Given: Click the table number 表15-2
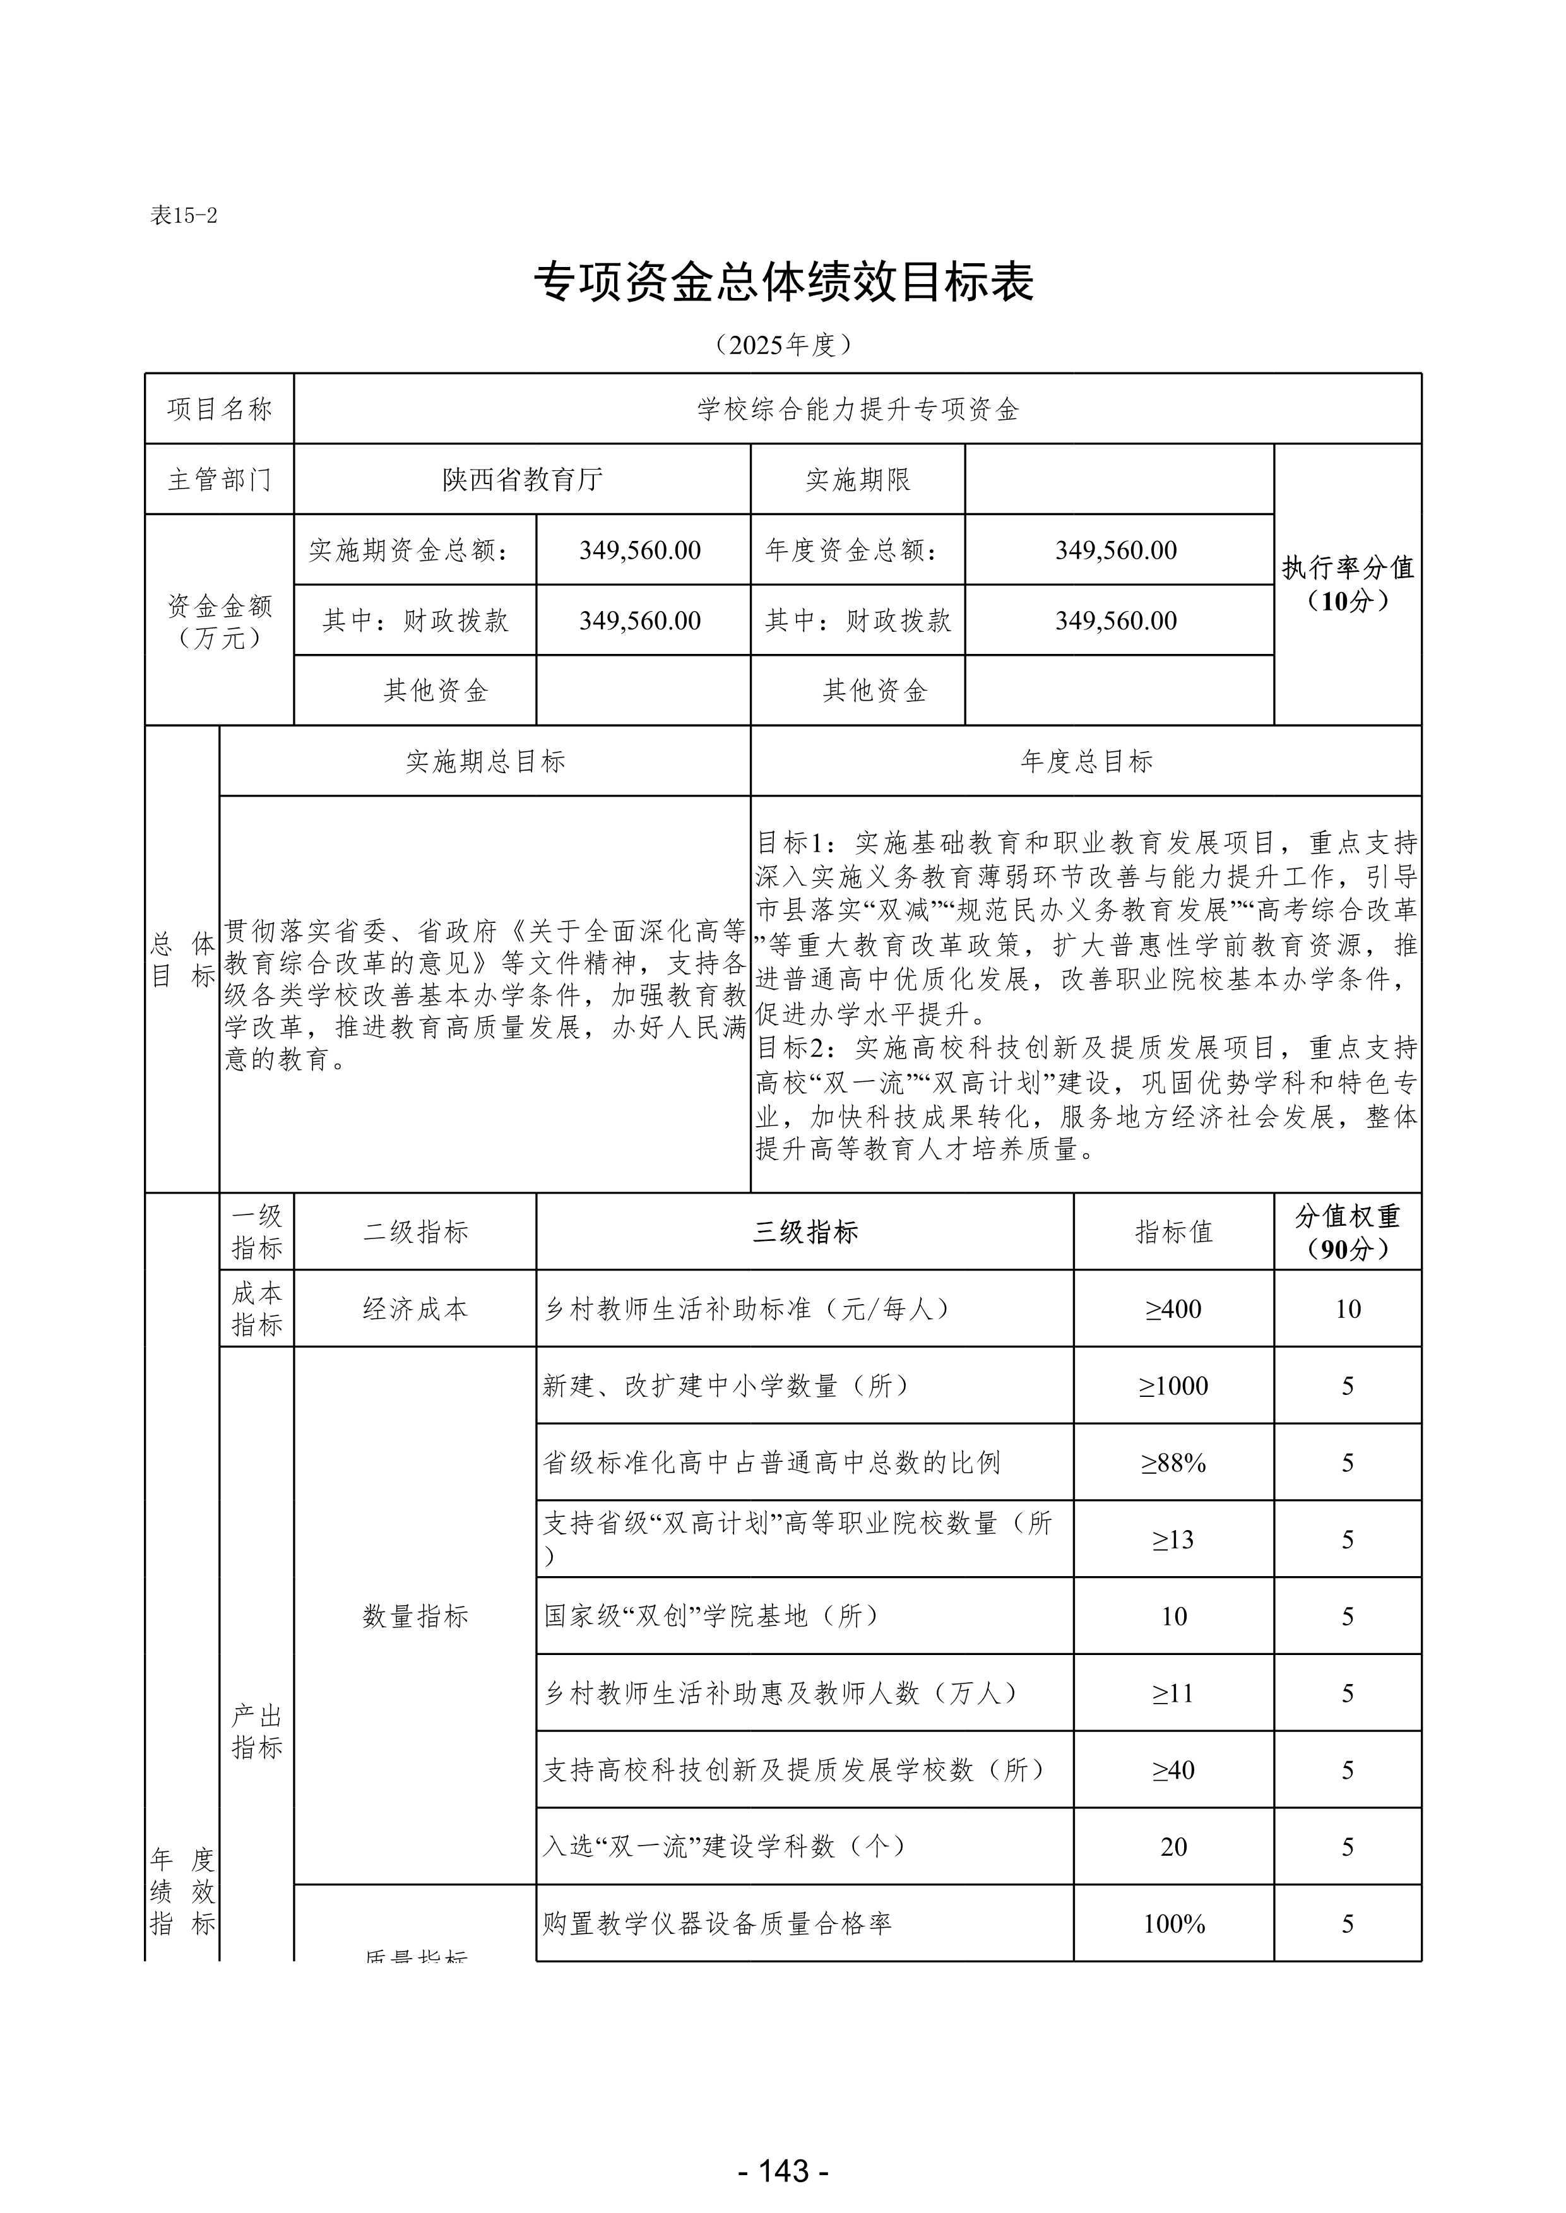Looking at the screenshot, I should [x=183, y=216].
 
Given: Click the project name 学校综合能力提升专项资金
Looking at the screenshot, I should [x=857, y=409].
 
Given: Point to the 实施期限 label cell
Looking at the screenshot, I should [x=857, y=479].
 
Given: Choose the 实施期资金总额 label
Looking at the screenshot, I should [x=415, y=550].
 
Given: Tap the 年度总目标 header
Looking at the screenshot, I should [x=1086, y=761].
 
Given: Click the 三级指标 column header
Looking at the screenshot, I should [x=805, y=1231].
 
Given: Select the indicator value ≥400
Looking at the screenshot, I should [x=1173, y=1308].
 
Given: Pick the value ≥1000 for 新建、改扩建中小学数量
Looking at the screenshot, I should [x=1173, y=1385].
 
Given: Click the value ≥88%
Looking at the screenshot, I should [x=1173, y=1462].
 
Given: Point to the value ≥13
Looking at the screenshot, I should [x=1173, y=1540].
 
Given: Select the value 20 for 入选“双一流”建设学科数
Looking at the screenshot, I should [x=1173, y=1846].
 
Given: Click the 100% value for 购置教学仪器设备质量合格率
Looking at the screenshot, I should [x=1173, y=1924].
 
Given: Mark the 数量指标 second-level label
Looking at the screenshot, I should [x=415, y=1616].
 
